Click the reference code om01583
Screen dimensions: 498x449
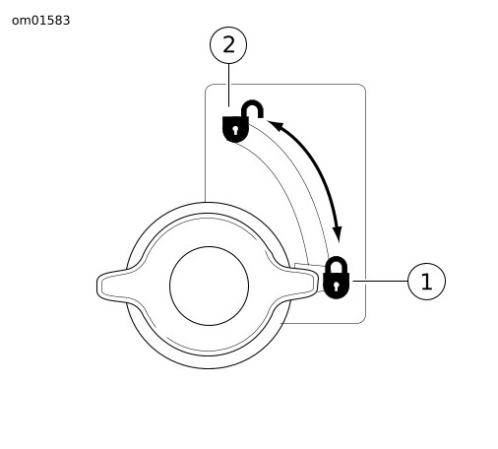point(40,21)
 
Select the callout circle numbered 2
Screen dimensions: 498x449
point(228,45)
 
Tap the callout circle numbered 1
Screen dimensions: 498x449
point(426,282)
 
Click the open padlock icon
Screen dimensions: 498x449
point(243,121)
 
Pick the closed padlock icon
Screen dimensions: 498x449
point(336,278)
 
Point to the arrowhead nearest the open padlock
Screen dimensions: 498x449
point(275,125)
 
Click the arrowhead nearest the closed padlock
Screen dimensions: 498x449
point(338,233)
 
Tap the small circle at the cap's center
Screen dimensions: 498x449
point(209,286)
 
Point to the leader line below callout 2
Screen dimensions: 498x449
point(228,85)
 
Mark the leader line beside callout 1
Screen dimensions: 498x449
point(380,281)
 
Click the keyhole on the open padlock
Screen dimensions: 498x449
point(235,130)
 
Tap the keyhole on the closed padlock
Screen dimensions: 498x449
point(336,286)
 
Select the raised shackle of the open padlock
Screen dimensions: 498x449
point(252,108)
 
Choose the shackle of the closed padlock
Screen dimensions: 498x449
point(337,264)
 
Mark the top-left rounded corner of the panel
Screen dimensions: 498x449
point(209,88)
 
